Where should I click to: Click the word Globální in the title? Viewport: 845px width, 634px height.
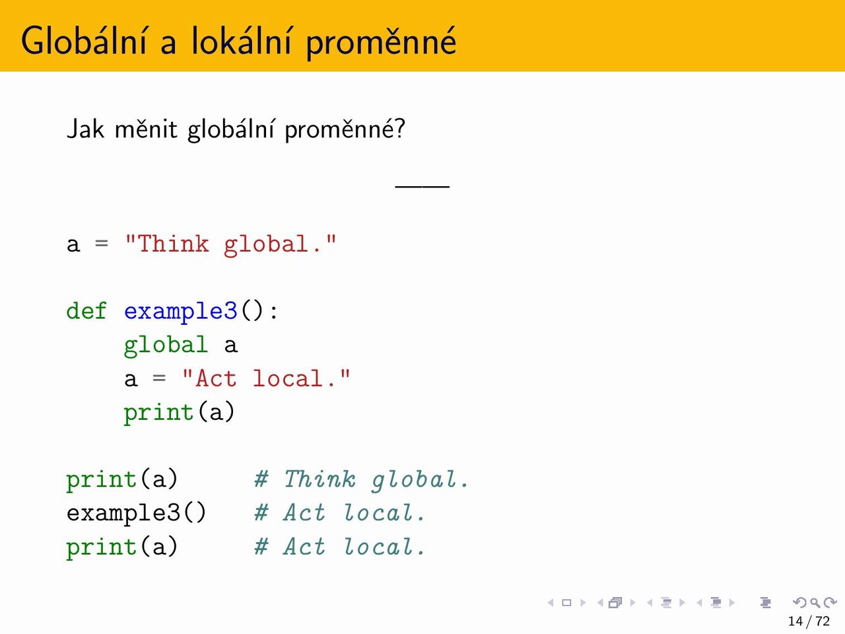84,40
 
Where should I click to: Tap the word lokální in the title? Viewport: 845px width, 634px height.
242,40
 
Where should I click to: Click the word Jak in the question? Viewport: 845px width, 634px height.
85,129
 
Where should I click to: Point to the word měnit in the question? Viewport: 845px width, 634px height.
146,129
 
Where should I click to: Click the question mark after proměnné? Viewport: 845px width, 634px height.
400,129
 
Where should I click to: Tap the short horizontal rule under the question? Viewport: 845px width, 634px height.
422,187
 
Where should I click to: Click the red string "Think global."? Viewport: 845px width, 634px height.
230,244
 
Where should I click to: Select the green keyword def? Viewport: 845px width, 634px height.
86,310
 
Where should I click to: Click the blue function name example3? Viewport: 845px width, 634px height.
180,312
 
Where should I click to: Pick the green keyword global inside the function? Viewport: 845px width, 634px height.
166,345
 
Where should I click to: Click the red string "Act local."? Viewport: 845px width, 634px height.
266,378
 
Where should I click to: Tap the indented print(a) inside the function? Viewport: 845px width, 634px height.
179,413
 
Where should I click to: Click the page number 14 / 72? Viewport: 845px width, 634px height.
809,621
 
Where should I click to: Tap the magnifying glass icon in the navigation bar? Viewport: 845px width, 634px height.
815,602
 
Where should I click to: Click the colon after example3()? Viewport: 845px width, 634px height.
274,312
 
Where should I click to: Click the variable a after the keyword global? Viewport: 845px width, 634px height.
230,345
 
